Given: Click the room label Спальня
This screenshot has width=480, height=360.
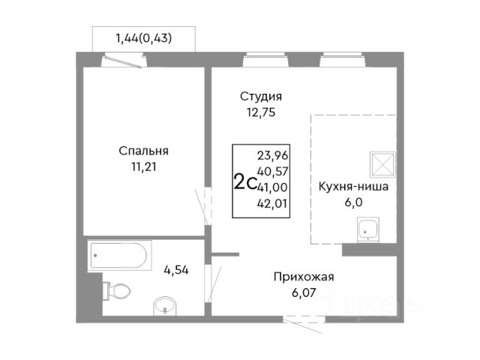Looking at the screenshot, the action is (x=143, y=151).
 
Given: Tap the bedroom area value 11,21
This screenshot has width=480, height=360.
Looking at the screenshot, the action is (x=143, y=167).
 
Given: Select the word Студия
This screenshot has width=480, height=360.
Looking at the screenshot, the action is (x=261, y=97).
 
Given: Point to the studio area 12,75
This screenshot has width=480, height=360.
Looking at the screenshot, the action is (x=261, y=112).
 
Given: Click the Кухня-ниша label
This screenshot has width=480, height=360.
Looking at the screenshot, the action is (x=353, y=187).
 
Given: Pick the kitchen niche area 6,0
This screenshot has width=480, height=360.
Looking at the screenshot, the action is (x=353, y=202).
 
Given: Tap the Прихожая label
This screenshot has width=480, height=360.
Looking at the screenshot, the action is (x=304, y=277).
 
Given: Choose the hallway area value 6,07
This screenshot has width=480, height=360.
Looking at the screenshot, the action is (x=304, y=292).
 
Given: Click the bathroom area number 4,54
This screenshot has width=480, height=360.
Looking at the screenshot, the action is (x=176, y=270).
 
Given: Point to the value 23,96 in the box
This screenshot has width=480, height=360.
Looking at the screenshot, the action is (x=272, y=156).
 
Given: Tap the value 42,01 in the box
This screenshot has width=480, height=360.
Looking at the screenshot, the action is (x=272, y=203).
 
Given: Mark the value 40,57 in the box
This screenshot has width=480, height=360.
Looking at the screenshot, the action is (x=272, y=172).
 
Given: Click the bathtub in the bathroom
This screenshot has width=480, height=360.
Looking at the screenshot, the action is (x=119, y=256).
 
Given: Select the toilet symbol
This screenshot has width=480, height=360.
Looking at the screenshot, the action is (x=116, y=291).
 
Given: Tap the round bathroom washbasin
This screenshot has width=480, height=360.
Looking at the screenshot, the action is (x=165, y=306).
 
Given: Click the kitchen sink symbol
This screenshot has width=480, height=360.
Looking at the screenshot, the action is (x=368, y=229).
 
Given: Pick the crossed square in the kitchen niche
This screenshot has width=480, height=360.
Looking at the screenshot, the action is (x=382, y=164).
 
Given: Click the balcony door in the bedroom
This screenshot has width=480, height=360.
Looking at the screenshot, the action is (x=123, y=61).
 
